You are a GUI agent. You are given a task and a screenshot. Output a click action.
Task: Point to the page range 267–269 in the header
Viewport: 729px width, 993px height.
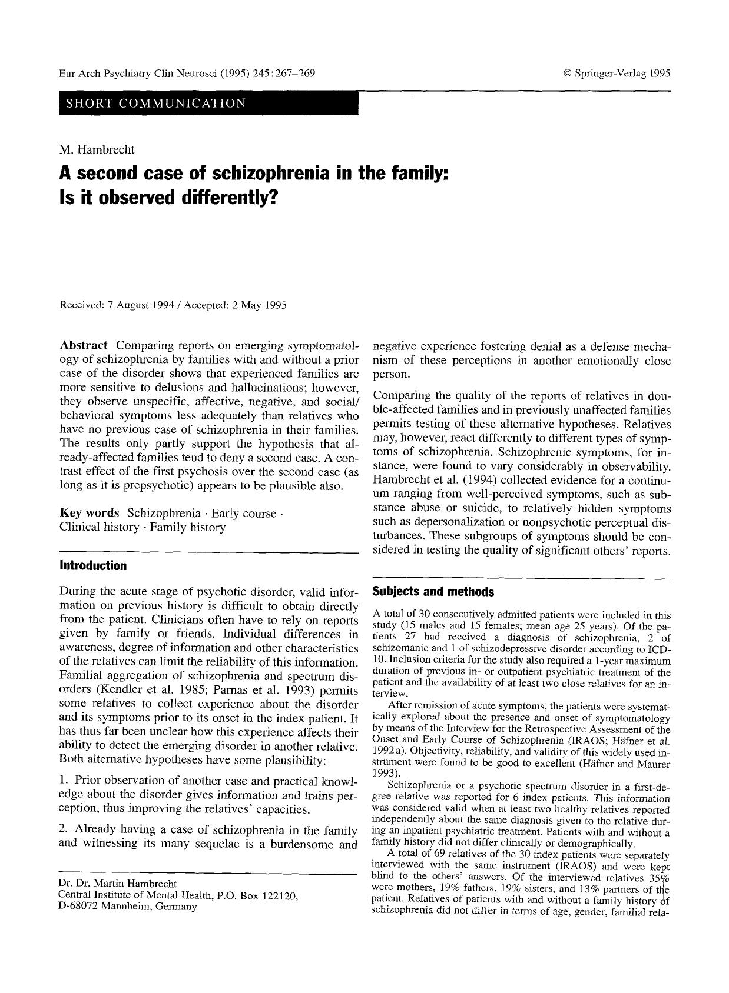point(293,74)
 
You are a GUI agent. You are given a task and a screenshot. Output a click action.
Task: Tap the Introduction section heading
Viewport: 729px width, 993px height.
point(93,566)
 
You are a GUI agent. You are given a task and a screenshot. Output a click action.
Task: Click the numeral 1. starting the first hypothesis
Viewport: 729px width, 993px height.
point(64,781)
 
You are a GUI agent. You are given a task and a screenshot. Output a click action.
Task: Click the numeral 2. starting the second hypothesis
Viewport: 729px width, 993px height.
point(64,831)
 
